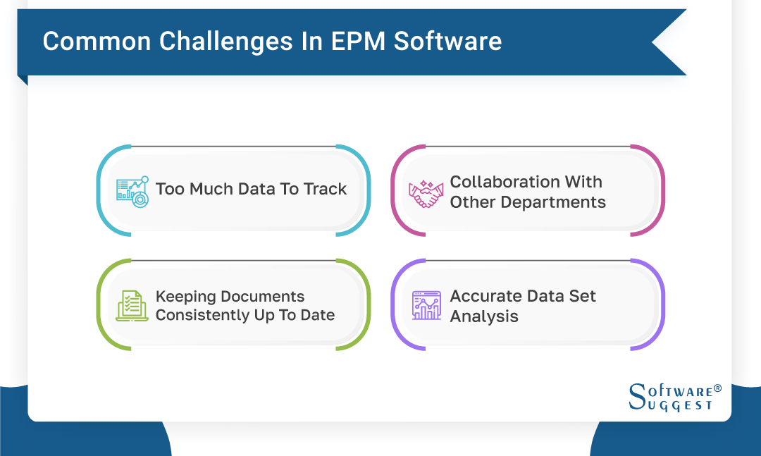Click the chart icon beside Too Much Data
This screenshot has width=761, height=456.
click(x=132, y=190)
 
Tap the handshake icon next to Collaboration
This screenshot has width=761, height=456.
click(x=425, y=192)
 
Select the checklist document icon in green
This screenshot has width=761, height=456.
click(x=132, y=306)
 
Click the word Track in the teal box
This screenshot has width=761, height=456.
click(x=325, y=189)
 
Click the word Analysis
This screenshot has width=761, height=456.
click(x=484, y=316)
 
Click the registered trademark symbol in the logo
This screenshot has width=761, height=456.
click(x=718, y=388)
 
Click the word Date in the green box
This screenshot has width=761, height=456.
click(x=317, y=315)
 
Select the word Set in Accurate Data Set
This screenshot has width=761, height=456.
click(x=581, y=296)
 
